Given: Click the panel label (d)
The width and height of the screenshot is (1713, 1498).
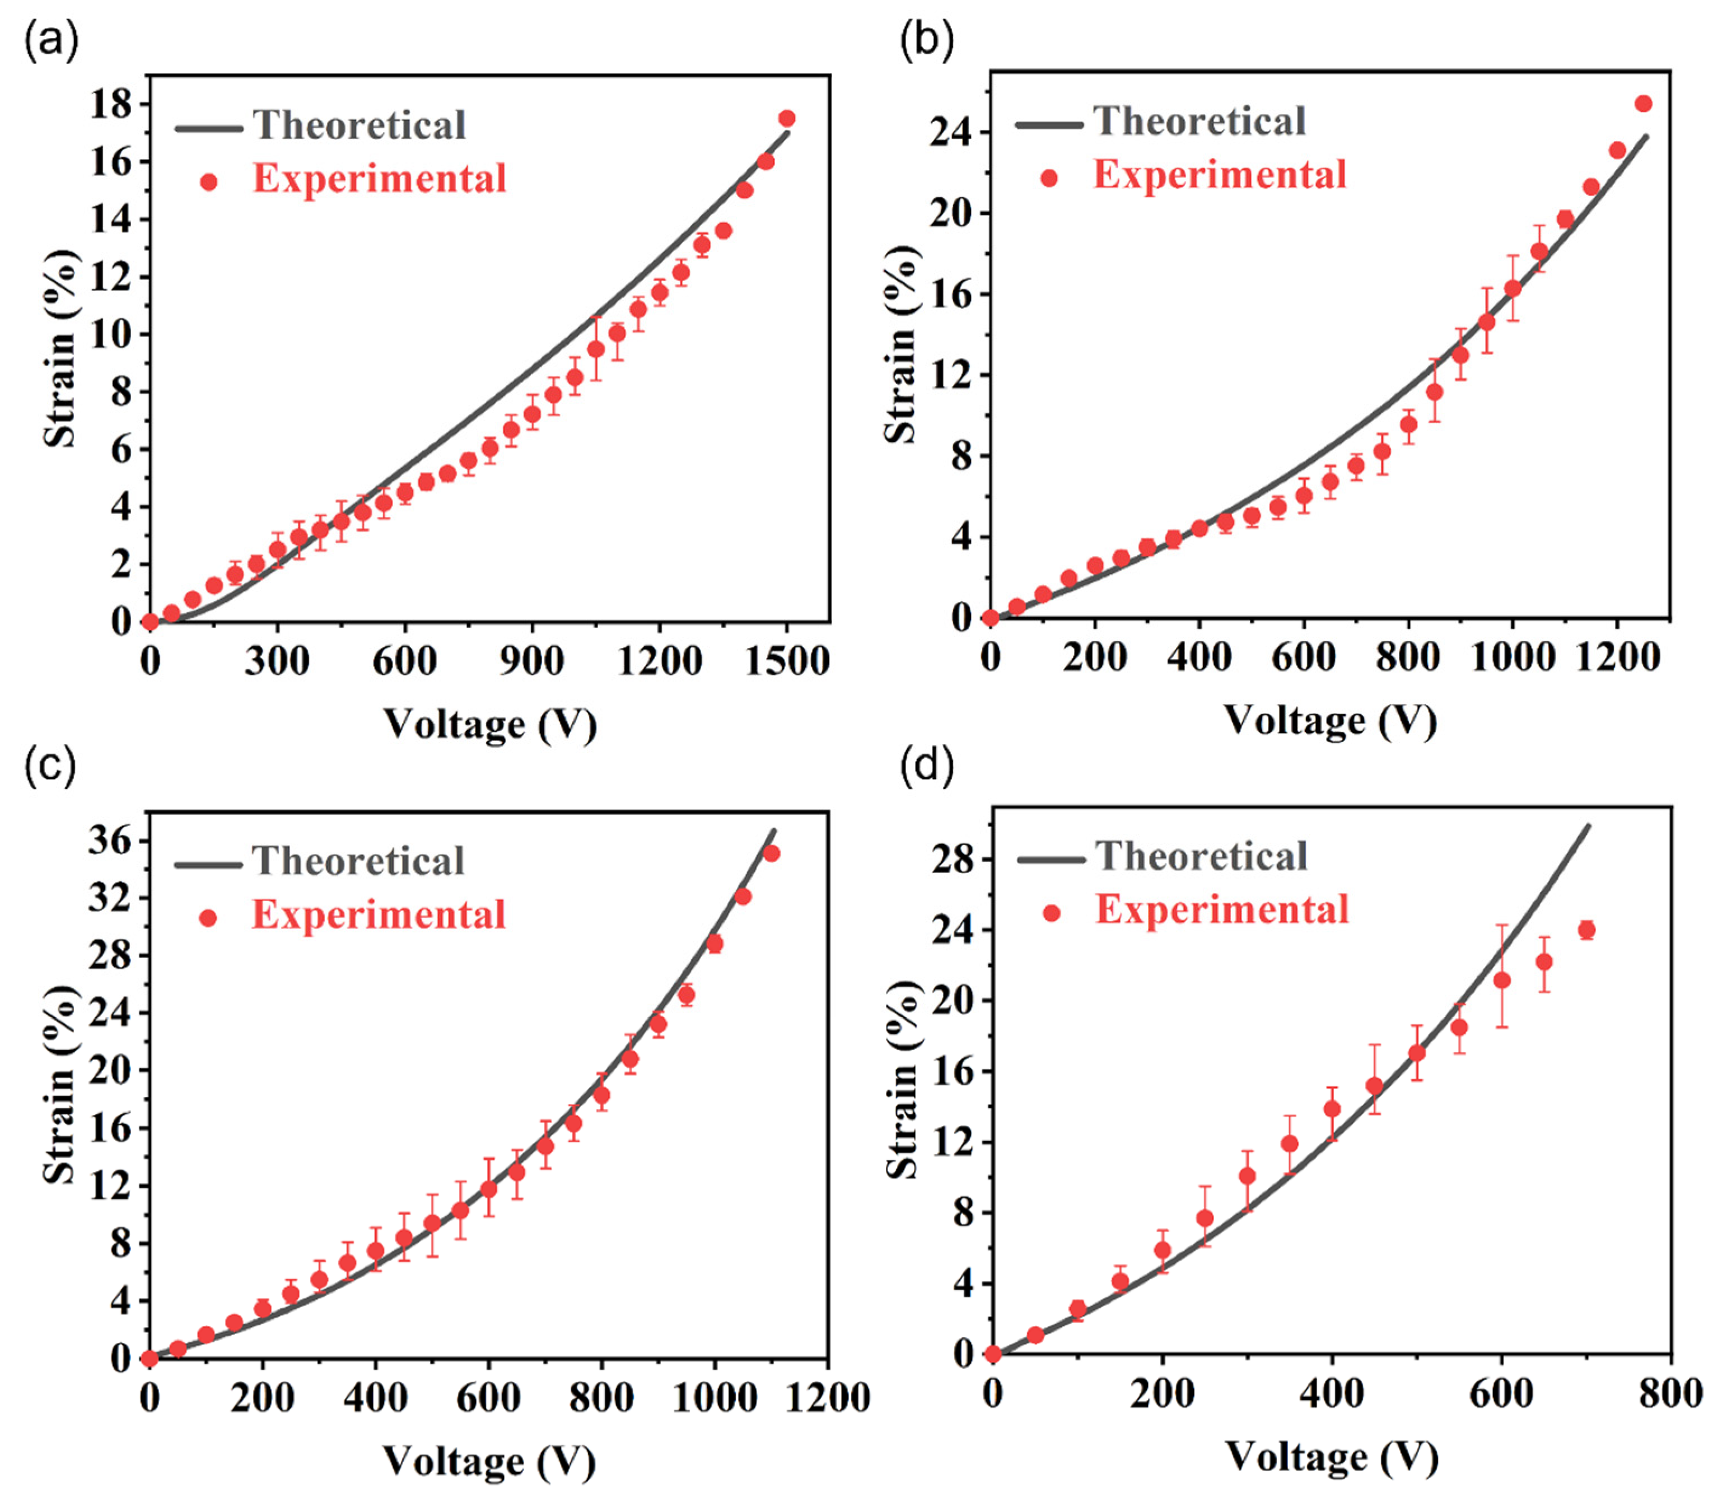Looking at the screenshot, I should tap(926, 767).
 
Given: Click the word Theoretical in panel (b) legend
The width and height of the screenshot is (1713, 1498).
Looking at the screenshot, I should tap(1199, 122).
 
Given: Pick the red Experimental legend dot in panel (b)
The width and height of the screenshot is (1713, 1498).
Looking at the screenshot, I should tap(1048, 177).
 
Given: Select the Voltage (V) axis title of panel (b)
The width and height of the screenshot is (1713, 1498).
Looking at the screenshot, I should tap(1330, 721).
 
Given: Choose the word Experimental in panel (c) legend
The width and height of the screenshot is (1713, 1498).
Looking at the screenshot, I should tap(379, 914).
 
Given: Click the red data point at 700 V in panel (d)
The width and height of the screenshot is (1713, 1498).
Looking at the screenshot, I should tap(1586, 930).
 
